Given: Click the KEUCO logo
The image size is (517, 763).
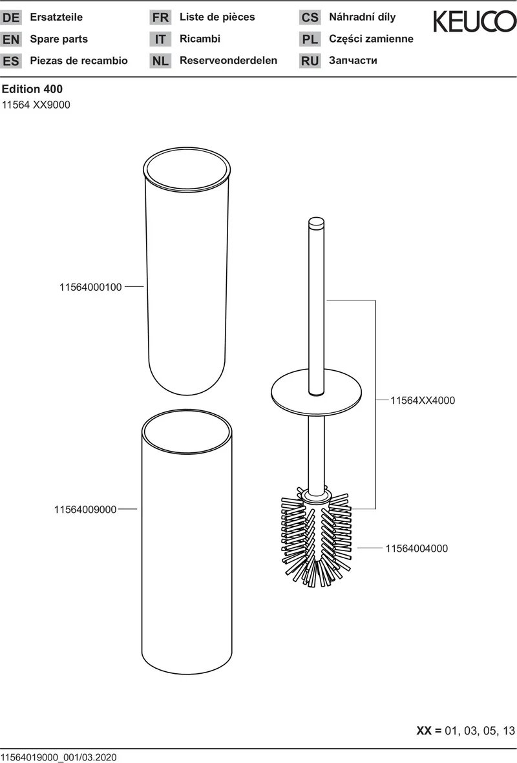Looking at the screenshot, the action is click(474, 21).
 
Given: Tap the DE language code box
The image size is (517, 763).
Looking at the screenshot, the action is click(11, 17).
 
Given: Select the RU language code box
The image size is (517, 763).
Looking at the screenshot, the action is click(310, 61).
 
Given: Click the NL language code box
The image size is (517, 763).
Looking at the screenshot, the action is click(161, 61).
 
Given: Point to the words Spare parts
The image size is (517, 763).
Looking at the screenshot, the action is click(59, 39).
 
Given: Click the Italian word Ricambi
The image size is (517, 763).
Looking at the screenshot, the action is click(200, 39).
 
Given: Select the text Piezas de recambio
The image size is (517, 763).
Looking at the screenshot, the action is click(79, 60).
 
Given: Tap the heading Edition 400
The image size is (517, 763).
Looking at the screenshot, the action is click(32, 89).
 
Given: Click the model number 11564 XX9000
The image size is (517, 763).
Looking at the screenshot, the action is click(36, 105).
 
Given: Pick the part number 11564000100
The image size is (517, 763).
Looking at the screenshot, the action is click(90, 287).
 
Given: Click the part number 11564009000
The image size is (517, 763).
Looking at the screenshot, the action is click(85, 510).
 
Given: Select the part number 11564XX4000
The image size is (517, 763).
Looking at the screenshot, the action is click(423, 401).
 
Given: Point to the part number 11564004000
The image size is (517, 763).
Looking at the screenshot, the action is click(417, 549).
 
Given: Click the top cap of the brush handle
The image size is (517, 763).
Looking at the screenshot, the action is click(317, 222).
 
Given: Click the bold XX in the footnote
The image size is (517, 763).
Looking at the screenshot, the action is click(423, 731).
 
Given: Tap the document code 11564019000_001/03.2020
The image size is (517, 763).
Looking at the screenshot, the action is click(59, 757).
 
